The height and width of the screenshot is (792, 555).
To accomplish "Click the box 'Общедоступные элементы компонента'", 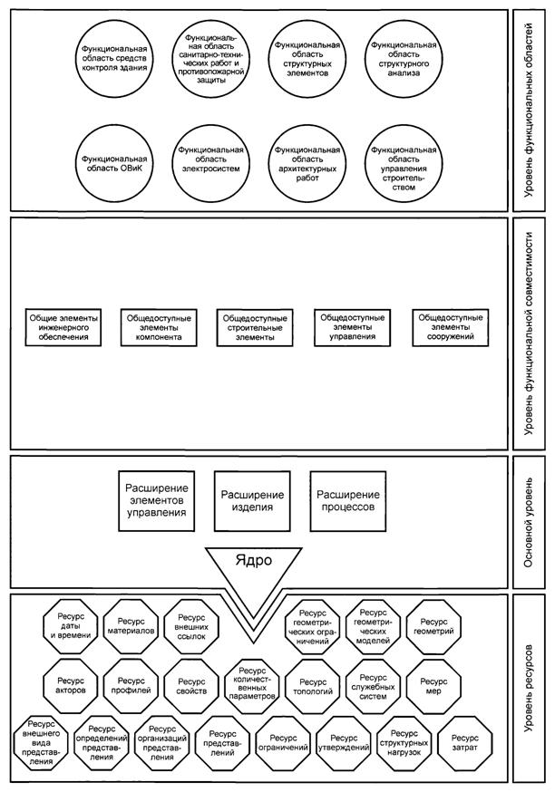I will tap(153, 327).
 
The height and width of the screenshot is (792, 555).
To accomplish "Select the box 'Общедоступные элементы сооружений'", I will tap(448, 327).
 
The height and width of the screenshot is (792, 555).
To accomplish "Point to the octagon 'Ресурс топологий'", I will tap(310, 681).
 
